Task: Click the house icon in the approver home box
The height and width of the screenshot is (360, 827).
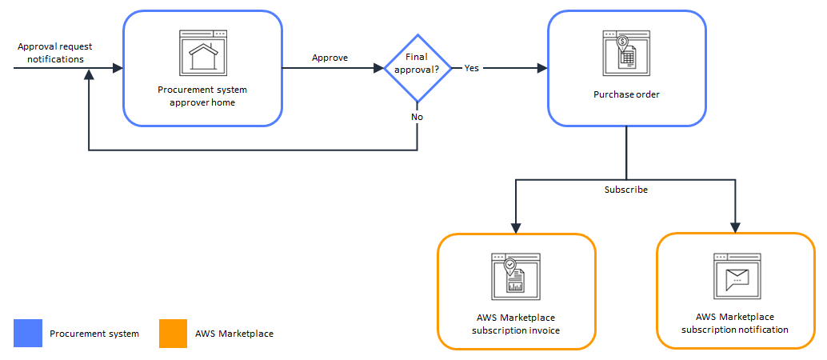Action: point(202,54)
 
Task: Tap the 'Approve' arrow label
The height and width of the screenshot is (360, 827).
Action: point(330,58)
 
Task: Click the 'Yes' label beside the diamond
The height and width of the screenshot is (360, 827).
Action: point(472,68)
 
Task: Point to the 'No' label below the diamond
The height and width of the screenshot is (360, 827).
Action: point(417,117)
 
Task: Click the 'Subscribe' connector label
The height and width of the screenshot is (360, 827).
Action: point(625,190)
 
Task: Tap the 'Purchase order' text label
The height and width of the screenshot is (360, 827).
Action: point(626,94)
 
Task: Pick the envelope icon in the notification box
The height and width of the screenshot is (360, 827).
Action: point(736,278)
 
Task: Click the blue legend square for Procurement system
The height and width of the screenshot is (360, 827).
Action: point(27,334)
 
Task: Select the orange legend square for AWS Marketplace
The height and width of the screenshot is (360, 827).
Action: point(173,334)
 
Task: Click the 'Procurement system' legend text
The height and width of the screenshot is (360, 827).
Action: point(94,334)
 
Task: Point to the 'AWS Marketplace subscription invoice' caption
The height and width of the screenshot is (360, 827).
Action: point(516,324)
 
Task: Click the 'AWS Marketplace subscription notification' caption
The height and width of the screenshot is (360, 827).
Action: point(736,323)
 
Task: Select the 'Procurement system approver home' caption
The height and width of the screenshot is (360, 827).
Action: point(202,96)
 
